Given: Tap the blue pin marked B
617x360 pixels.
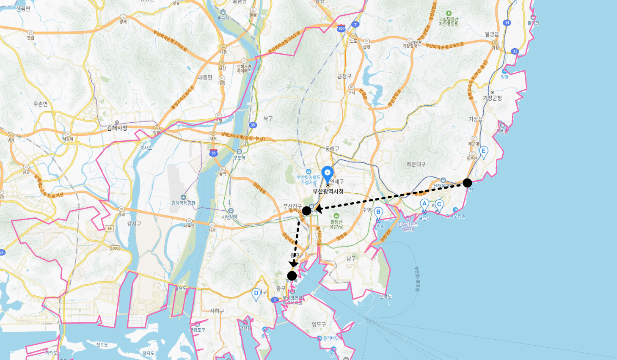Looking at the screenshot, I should pyautogui.click(x=378, y=213).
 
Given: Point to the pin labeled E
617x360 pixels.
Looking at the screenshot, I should pyautogui.click(x=483, y=151).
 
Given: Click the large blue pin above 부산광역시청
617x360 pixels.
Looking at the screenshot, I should pyautogui.click(x=328, y=173).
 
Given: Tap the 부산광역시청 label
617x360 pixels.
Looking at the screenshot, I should pyautogui.click(x=328, y=191).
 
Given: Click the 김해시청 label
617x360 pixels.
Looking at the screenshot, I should pyautogui.click(x=117, y=128).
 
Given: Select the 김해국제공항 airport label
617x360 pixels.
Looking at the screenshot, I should pyautogui.click(x=184, y=203).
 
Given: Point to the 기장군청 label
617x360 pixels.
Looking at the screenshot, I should pyautogui.click(x=493, y=98).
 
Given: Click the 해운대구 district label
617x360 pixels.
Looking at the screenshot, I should pyautogui.click(x=416, y=164).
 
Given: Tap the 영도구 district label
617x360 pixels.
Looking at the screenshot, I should pyautogui.click(x=319, y=324).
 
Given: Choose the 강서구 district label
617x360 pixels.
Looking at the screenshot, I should pyautogui.click(x=134, y=224).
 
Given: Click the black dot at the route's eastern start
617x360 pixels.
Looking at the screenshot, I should pyautogui.click(x=467, y=183).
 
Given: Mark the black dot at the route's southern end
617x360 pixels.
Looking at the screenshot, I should pyautogui.click(x=292, y=276).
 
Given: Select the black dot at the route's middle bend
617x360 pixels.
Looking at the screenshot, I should pyautogui.click(x=307, y=211).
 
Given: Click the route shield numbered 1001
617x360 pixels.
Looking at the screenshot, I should pyautogui.click(x=115, y=248).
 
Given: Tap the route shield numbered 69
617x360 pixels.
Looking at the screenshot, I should pyautogui.click(x=110, y=228).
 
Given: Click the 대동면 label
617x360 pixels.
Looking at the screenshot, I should pyautogui.click(x=205, y=77).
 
